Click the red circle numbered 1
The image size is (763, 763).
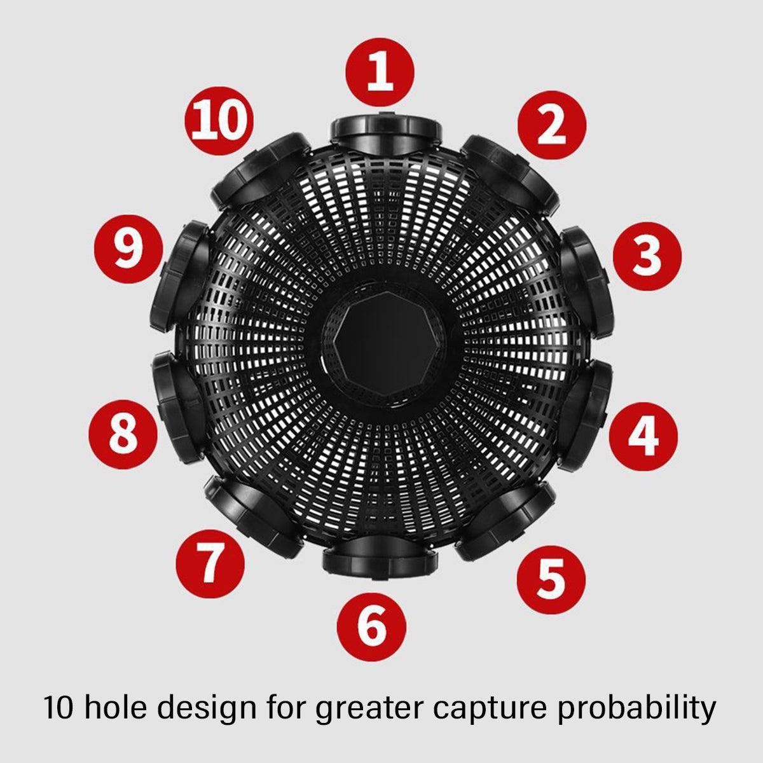[x=380, y=72]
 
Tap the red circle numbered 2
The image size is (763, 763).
[x=552, y=125]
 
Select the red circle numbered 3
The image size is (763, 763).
[x=647, y=256]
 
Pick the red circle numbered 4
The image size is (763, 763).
[x=643, y=437]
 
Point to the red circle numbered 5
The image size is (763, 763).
[x=551, y=580]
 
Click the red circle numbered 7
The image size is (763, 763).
[x=210, y=564]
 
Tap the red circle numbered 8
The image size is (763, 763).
[x=123, y=434]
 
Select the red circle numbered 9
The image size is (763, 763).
[x=128, y=249]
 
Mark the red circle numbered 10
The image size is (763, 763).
[x=219, y=121]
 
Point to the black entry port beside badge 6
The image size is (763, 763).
[x=380, y=560]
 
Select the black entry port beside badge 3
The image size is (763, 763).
[x=586, y=282]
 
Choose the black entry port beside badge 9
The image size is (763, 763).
[x=180, y=276]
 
